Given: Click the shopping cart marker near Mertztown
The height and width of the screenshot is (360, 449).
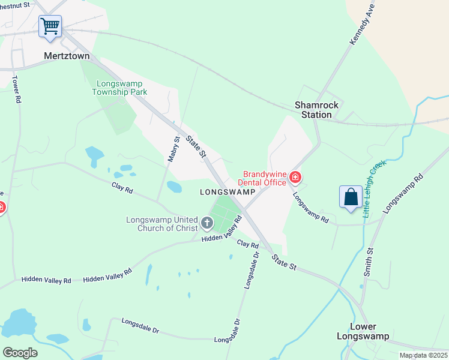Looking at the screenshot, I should tap(50, 26).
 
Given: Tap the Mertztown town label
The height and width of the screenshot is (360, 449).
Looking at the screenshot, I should tap(67, 56).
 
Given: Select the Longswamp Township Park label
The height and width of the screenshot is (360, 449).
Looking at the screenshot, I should tap(119, 88).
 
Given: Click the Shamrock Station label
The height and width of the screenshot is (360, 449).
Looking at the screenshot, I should tap(316, 110).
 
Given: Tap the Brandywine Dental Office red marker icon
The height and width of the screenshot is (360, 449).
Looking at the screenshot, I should tap(295, 177).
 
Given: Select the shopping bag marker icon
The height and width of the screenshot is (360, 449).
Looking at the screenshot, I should tap(351, 197).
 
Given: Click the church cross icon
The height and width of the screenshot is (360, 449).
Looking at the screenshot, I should tap(207, 224).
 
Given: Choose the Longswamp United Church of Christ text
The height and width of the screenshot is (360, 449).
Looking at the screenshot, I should tap(162, 224).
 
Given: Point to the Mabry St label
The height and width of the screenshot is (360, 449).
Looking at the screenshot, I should tap(173, 150).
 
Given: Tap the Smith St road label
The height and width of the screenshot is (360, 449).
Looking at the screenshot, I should tap(369, 262).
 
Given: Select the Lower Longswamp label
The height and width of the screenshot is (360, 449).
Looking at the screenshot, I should tap(364, 331).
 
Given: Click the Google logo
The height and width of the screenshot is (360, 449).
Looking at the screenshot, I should tap(20, 353).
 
